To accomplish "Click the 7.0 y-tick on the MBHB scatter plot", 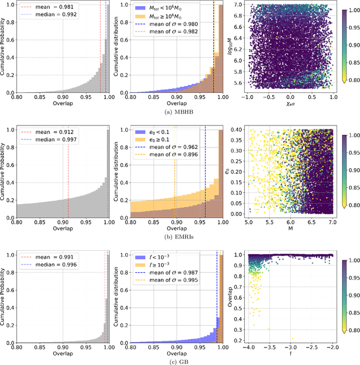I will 239,4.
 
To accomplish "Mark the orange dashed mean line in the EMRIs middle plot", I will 174,191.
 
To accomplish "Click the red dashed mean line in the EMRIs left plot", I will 68,191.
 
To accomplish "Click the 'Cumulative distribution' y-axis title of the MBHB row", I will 116,48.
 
